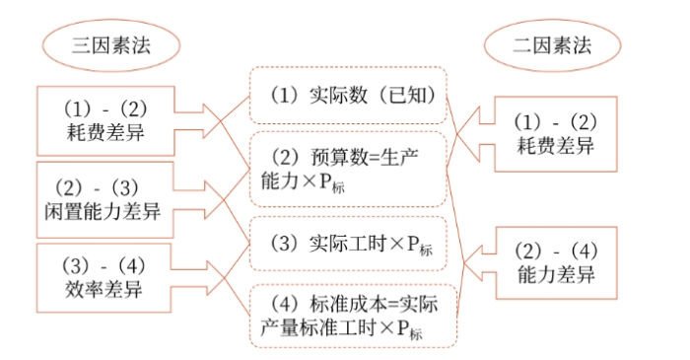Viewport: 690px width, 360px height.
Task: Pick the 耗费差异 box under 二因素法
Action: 558,134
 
